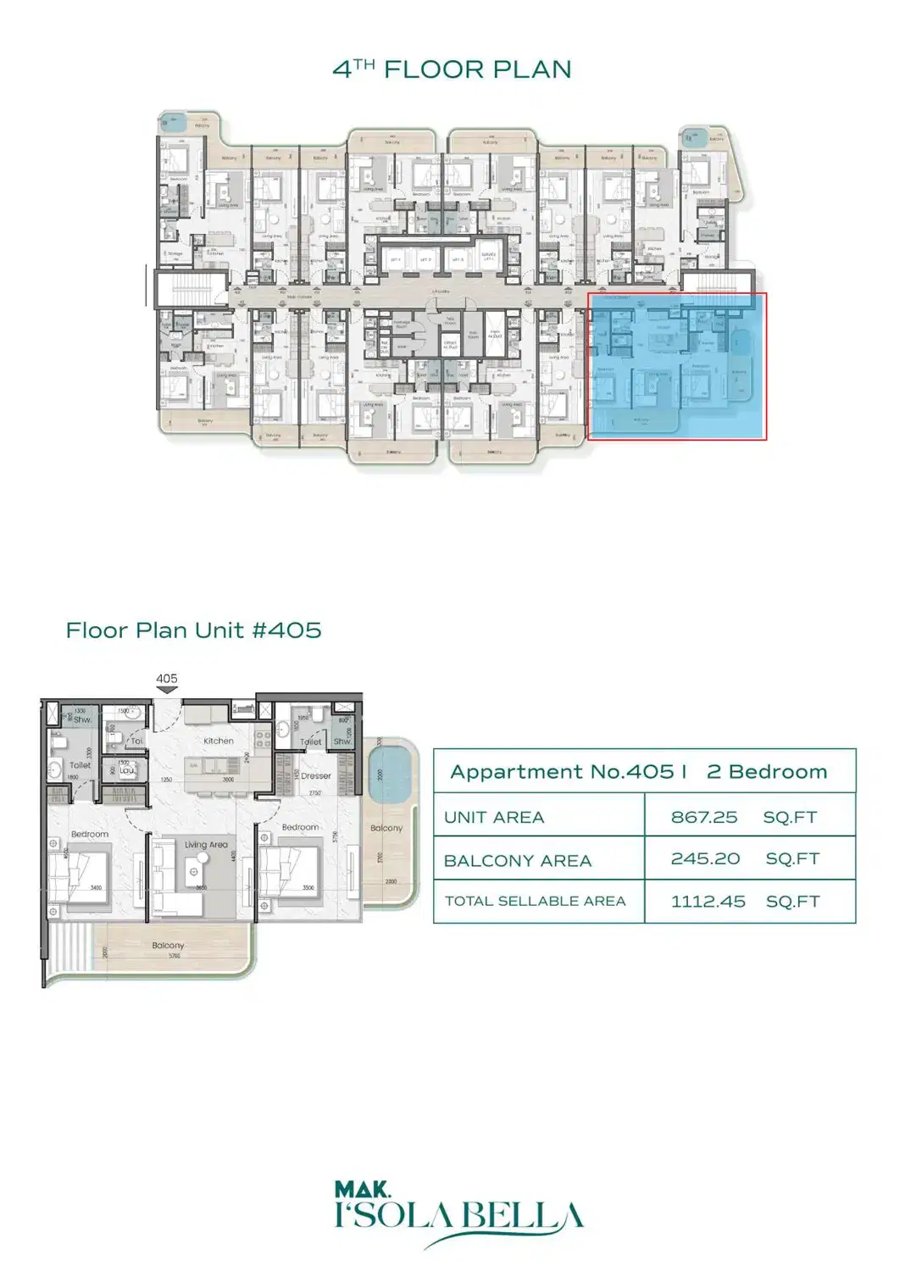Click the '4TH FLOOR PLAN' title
[x=452, y=69]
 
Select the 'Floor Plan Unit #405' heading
[x=193, y=630]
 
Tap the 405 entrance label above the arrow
[x=167, y=679]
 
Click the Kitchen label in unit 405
[x=219, y=741]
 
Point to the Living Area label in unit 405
[x=206, y=845]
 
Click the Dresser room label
[x=315, y=775]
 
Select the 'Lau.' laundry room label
[x=126, y=770]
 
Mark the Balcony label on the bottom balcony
[x=168, y=945]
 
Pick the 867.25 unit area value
[x=704, y=818]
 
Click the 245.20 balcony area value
[x=705, y=858]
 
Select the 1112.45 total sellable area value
[x=708, y=902]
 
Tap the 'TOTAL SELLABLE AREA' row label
[x=535, y=902]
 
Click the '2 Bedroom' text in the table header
[x=766, y=772]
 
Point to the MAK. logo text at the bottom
[x=362, y=1191]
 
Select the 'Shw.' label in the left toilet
[x=82, y=719]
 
